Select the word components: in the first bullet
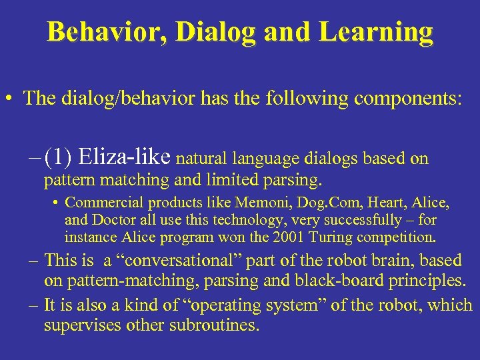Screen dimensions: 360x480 click(407, 98)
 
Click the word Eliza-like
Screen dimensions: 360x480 click(125, 158)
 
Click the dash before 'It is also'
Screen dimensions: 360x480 click(34, 306)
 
